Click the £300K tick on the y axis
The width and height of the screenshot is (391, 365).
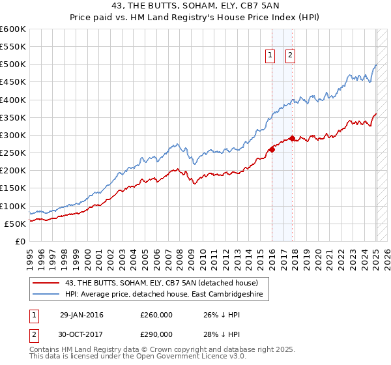13,135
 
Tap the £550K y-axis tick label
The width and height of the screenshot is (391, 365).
13,47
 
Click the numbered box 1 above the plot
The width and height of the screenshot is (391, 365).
269,56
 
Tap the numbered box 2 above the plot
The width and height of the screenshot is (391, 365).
290,56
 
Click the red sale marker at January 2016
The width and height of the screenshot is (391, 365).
272,149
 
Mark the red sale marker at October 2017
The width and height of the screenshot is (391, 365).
292,138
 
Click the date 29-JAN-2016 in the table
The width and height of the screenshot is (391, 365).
81,315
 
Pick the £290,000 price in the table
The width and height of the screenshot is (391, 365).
156,334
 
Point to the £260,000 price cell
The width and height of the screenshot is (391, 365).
156,315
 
